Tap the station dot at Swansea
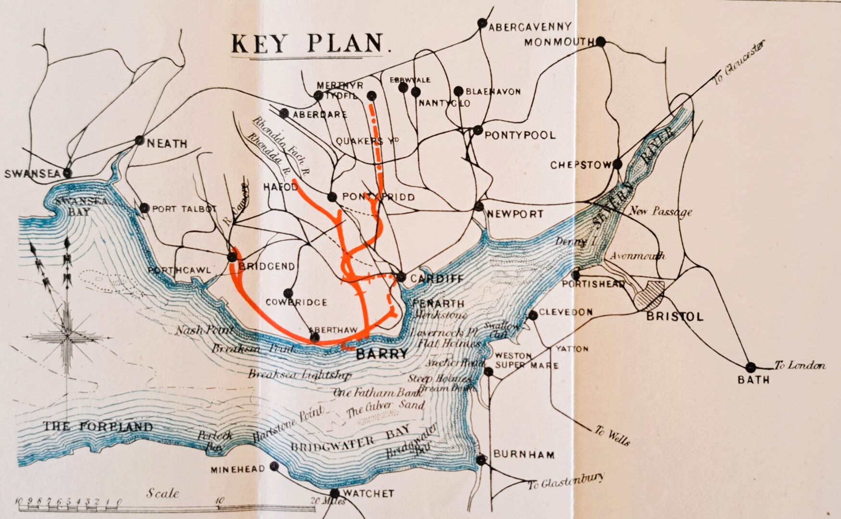[x=68, y=173]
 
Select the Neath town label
[x=167, y=144]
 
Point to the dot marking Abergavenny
[x=482, y=23]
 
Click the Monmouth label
[x=559, y=42]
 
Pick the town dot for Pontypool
[x=477, y=130]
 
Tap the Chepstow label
[x=580, y=165]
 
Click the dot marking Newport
[x=478, y=207]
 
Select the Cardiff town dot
[x=401, y=277]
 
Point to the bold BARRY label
[x=381, y=354]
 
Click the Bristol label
[x=675, y=317]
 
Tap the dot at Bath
[x=750, y=368]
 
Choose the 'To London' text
[x=800, y=366]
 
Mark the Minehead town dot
[x=274, y=466]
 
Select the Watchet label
[x=369, y=494]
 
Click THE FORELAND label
[x=98, y=426]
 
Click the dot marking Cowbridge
[x=288, y=293]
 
